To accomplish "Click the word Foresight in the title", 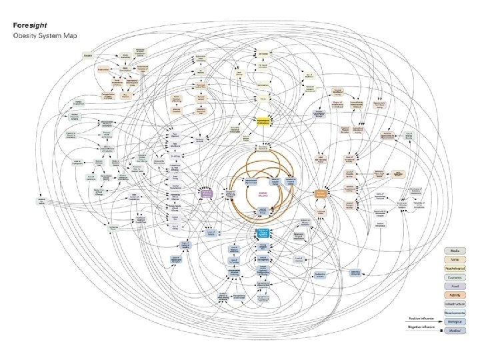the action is (28, 24).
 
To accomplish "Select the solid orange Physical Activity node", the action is (321, 193).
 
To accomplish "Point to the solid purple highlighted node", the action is (207, 193).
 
